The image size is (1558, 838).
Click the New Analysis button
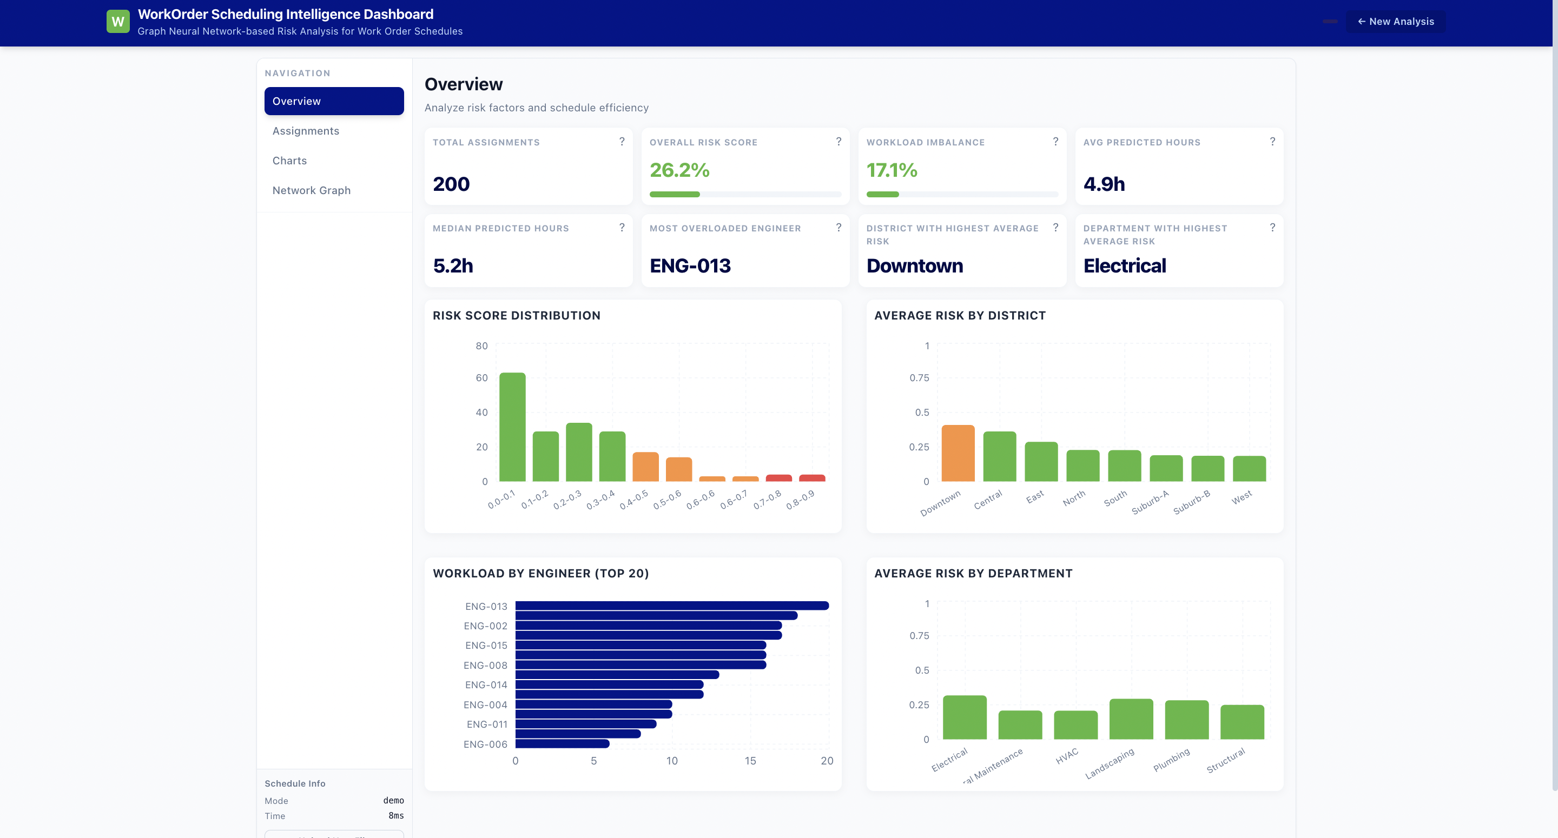[x=1395, y=22]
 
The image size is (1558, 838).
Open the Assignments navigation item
[x=306, y=131]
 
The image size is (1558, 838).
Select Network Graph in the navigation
[x=311, y=190]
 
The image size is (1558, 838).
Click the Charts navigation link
[x=289, y=160]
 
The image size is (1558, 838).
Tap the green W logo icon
[x=118, y=22]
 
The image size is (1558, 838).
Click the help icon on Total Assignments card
[x=621, y=142]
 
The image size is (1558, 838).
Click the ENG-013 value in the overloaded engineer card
[x=690, y=266]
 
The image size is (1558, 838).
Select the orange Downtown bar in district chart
[x=958, y=454]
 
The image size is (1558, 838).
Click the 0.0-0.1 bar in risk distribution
[x=512, y=427]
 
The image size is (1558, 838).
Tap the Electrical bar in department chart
[x=964, y=717]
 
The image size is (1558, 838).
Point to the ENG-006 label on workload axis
[x=485, y=744]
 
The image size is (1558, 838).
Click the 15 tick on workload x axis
[x=750, y=761]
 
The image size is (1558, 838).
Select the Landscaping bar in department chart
[x=1131, y=720]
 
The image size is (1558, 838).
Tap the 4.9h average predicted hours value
[x=1104, y=184]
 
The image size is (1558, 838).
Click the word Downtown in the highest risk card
[x=914, y=266]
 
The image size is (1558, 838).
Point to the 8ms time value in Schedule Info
[x=395, y=816]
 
